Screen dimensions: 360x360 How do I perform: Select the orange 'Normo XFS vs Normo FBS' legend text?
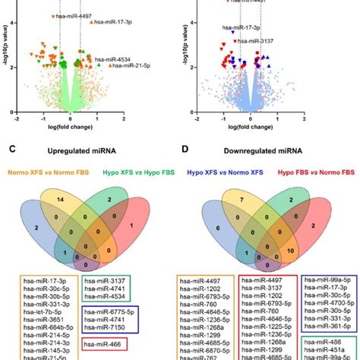point(46,172)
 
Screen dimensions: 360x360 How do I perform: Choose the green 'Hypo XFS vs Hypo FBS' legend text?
point(133,172)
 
